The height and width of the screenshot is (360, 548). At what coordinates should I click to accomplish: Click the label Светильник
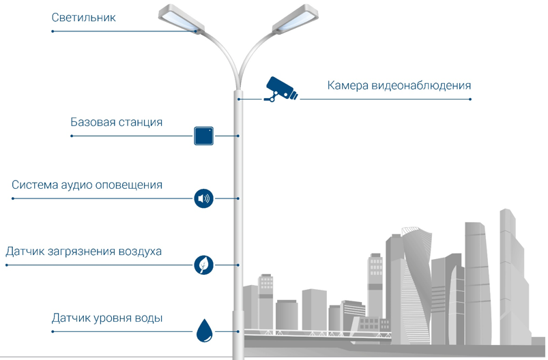pos(84,17)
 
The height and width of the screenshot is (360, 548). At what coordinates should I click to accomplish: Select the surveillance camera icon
pos(280,89)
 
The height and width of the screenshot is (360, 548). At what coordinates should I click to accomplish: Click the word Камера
pos(348,86)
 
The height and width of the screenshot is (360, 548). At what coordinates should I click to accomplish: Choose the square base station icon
pos(204,135)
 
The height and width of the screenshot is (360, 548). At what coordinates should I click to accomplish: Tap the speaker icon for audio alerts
pos(204,198)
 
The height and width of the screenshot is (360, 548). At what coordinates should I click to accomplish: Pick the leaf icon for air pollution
pos(204,265)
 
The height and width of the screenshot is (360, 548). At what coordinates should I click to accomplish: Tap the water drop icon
pos(204,330)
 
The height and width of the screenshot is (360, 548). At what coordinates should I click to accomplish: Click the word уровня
pos(112,318)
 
